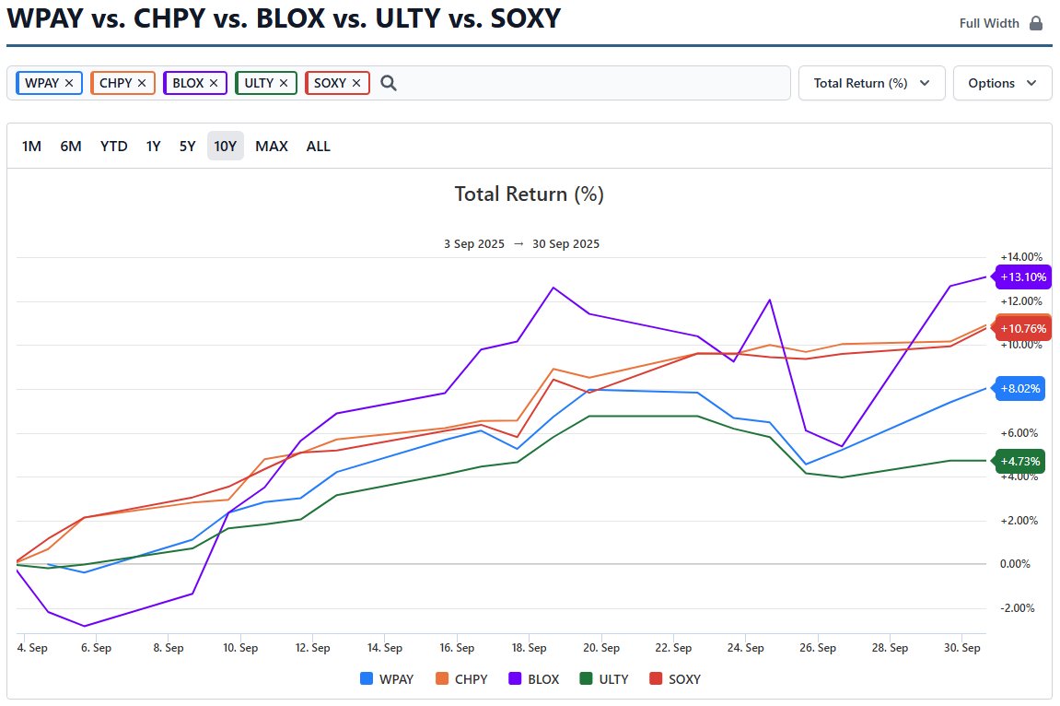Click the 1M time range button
point(31,146)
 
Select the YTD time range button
point(114,146)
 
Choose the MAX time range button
point(272,146)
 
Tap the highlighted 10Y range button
point(226,146)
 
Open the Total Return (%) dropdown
point(871,83)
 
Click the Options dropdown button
point(1002,83)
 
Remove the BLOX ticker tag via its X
point(214,83)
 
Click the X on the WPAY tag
point(69,83)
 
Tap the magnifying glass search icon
point(389,83)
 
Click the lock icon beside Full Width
point(1036,23)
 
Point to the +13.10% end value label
point(1021,277)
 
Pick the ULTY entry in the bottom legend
point(604,679)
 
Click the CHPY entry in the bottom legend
point(461,679)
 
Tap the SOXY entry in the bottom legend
point(675,679)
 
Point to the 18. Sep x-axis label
point(529,648)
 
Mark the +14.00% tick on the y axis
point(1021,257)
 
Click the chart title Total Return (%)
point(529,194)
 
